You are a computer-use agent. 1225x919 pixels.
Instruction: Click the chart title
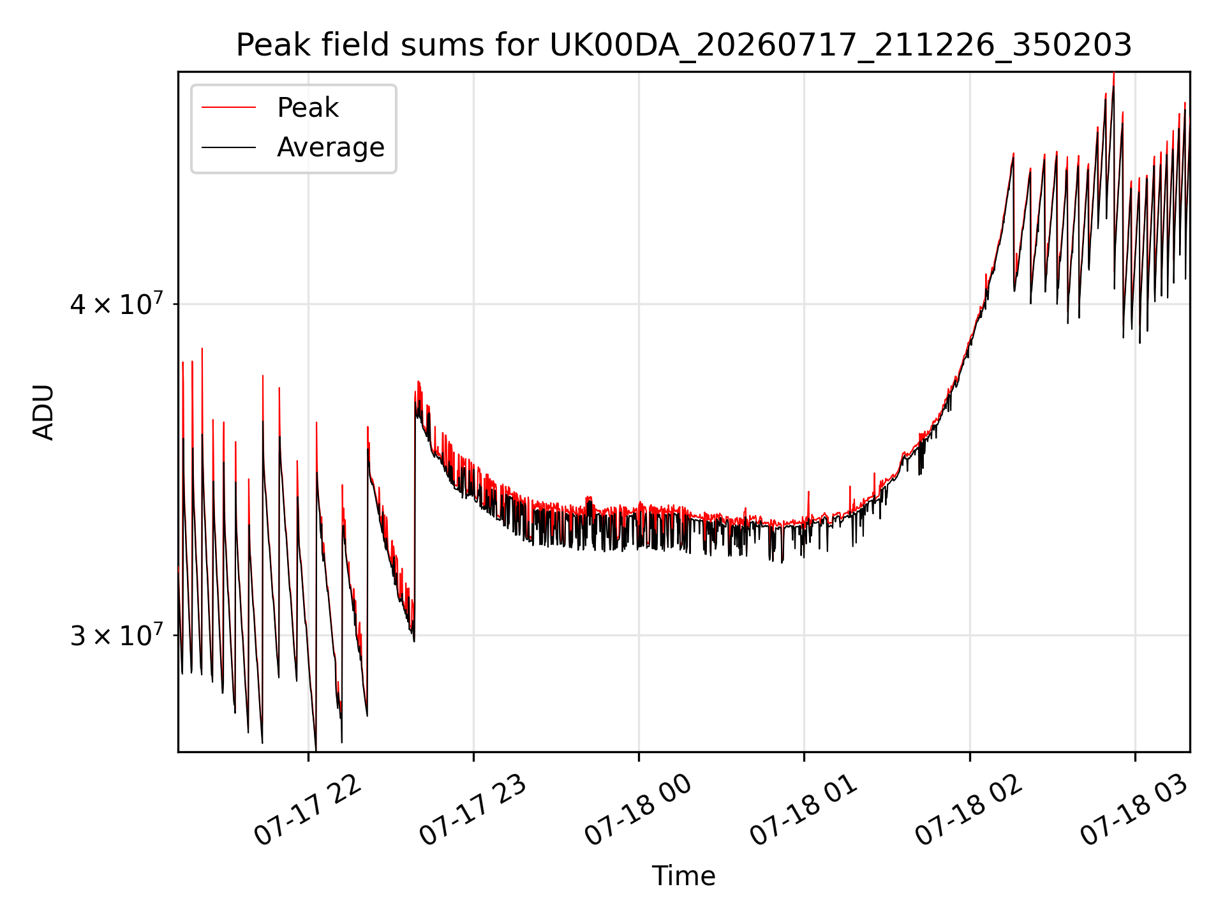coord(684,45)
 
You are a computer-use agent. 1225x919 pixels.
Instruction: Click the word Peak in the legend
coord(308,108)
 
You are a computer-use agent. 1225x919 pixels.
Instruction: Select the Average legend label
coord(330,147)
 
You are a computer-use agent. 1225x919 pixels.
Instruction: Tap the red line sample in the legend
coord(228,108)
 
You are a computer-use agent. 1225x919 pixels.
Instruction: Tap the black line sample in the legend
coord(228,147)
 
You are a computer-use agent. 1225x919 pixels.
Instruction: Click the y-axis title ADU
coord(43,412)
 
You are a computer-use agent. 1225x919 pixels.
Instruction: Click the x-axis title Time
coord(683,876)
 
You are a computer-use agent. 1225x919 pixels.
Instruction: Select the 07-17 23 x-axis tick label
coord(473,810)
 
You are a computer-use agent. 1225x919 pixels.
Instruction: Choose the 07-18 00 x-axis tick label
coord(639,810)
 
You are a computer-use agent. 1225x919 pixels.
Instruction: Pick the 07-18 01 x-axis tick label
coord(804,810)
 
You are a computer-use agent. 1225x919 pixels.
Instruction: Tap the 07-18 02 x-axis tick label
coord(969,810)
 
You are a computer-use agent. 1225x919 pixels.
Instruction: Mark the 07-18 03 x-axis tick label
coord(1134,810)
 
